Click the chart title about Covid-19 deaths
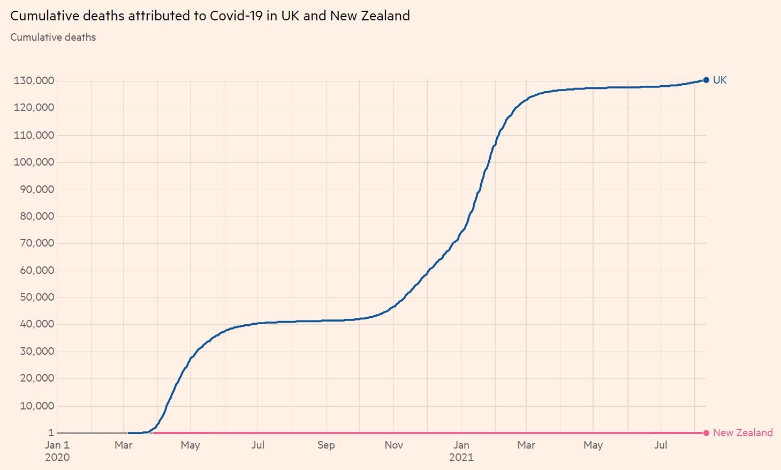click(x=210, y=16)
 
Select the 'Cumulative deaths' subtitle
click(x=53, y=38)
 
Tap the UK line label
click(x=719, y=80)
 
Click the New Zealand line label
click(x=742, y=433)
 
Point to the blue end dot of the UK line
click(x=706, y=80)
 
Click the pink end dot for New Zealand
click(x=706, y=433)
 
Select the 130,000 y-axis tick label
click(x=34, y=81)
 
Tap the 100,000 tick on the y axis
click(x=34, y=162)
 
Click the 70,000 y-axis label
click(x=36, y=243)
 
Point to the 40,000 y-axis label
click(x=36, y=324)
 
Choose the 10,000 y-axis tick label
click(x=36, y=406)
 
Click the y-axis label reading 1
click(x=51, y=433)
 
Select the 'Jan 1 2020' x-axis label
click(x=57, y=451)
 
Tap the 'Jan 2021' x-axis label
click(x=461, y=451)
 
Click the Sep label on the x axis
click(x=325, y=445)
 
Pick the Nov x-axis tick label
click(x=393, y=445)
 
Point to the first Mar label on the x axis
click(x=123, y=445)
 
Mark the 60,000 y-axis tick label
click(x=36, y=270)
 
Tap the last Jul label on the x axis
click(x=661, y=445)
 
